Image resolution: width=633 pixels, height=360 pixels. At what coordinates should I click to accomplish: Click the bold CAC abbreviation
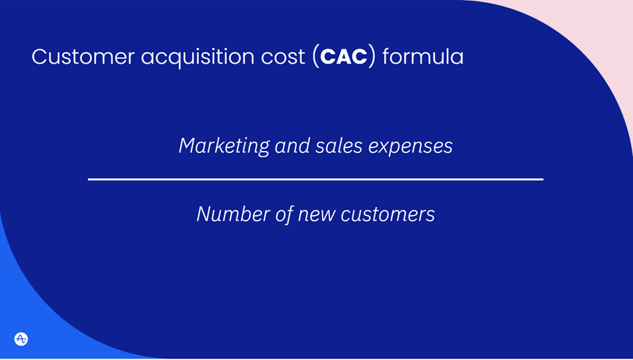pos(344,57)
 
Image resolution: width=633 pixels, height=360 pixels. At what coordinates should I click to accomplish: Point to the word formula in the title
pos(423,57)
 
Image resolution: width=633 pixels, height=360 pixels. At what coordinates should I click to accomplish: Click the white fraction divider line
pos(315,179)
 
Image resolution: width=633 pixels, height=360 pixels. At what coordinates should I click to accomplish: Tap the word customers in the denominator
pos(388,215)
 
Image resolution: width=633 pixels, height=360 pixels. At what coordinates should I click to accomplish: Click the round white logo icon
pos(21,339)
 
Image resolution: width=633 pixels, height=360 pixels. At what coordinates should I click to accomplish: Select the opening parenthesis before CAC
pos(316,58)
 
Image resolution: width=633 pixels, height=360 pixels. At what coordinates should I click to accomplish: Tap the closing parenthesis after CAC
pos(373,58)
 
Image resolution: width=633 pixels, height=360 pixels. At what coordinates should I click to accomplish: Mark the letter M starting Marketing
pos(187,145)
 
